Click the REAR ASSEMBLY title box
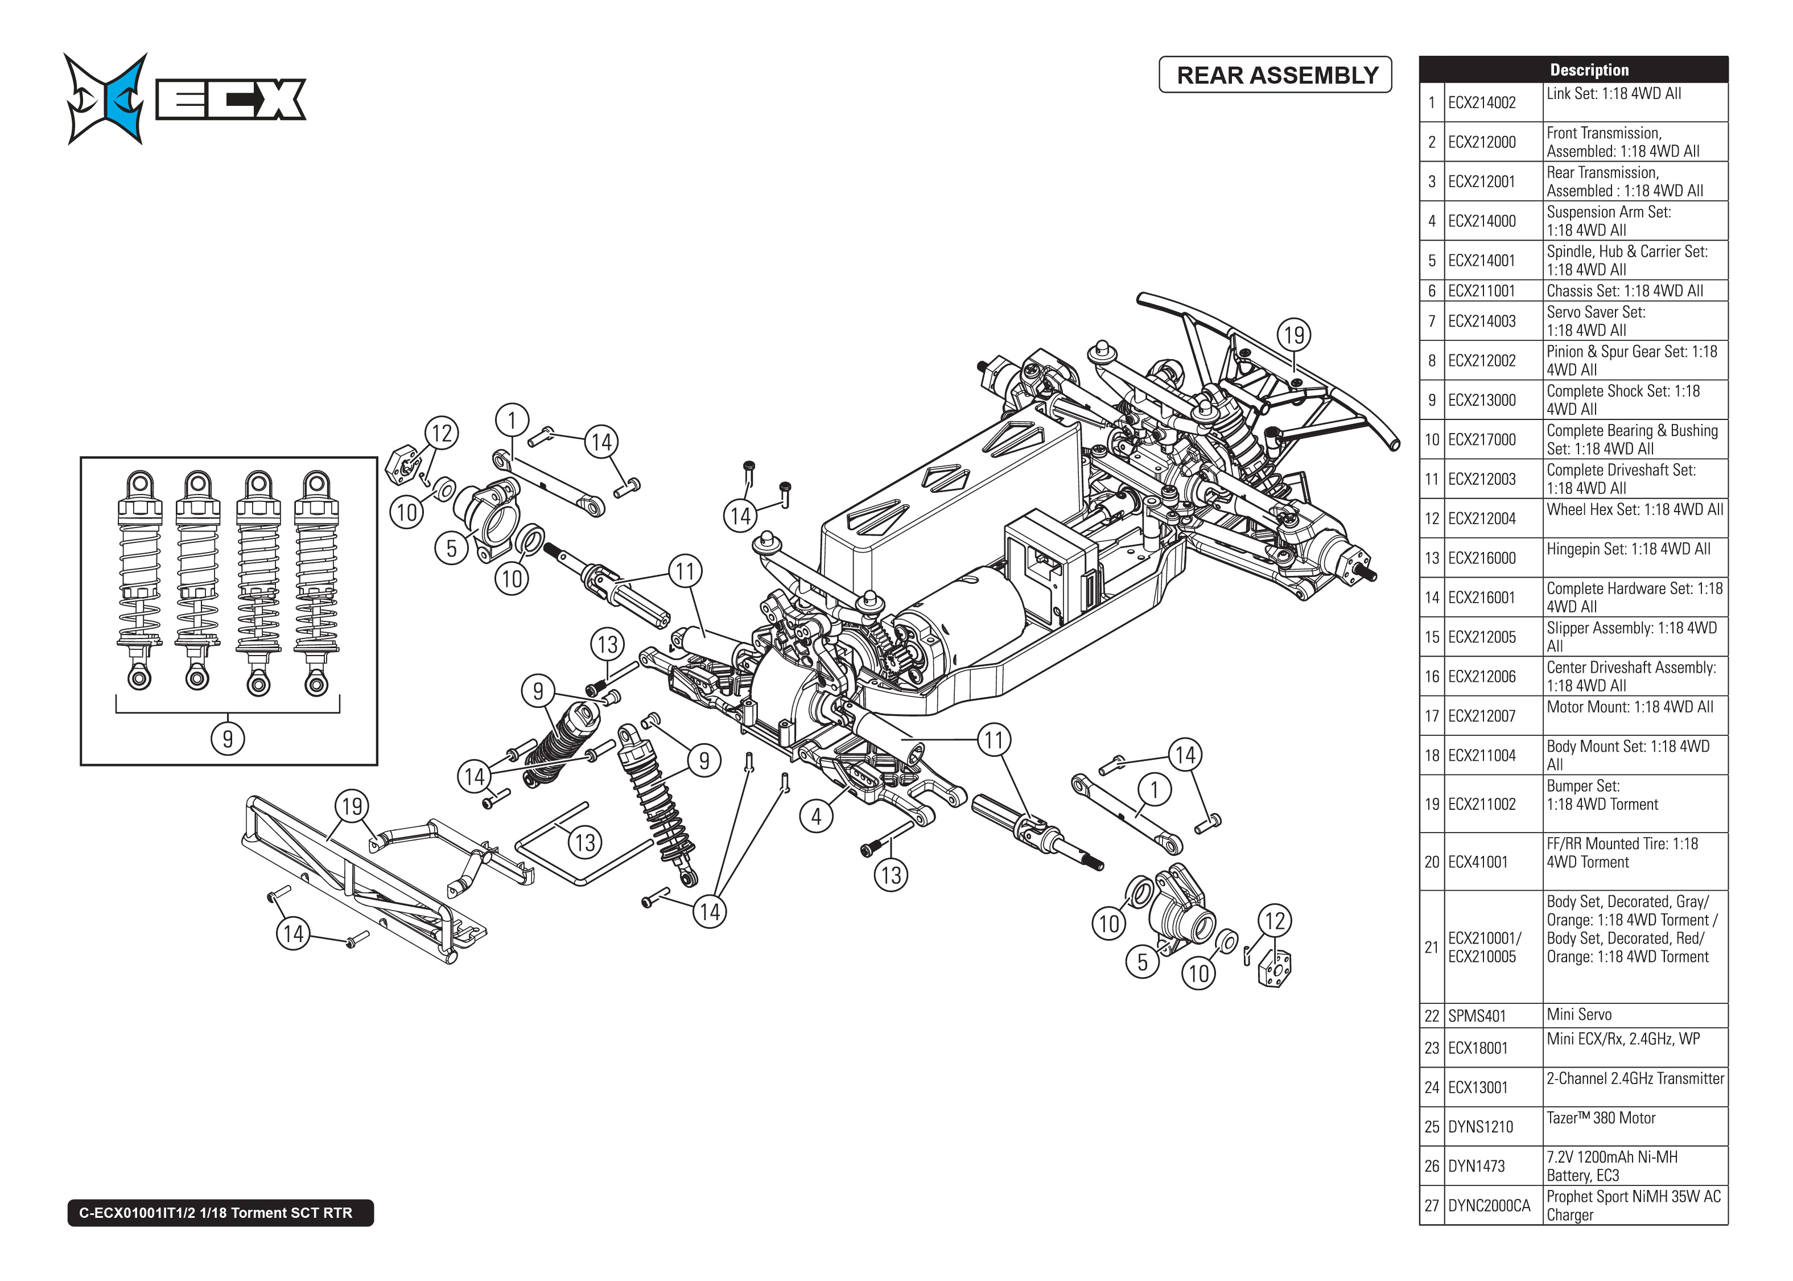[1275, 75]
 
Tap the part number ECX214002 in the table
[1482, 102]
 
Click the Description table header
[1588, 69]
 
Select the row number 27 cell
[1431, 1205]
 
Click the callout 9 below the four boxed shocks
[228, 739]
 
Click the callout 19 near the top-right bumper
[1294, 335]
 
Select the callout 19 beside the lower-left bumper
[352, 806]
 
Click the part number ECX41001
[1478, 862]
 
